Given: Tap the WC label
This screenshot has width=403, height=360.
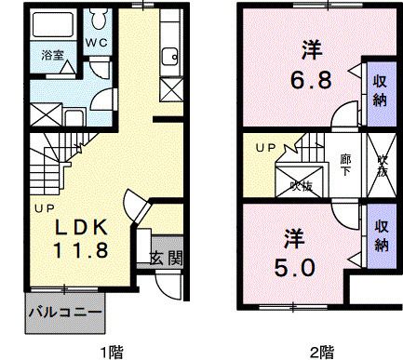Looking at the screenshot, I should [96, 44].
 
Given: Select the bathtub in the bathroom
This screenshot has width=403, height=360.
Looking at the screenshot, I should [51, 24].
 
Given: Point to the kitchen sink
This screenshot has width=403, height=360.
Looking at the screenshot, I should [168, 56].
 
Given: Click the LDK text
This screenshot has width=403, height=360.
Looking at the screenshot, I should [76, 228].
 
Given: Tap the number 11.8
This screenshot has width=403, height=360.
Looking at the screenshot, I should [78, 250].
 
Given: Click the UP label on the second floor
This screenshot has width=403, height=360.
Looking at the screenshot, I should [266, 148].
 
